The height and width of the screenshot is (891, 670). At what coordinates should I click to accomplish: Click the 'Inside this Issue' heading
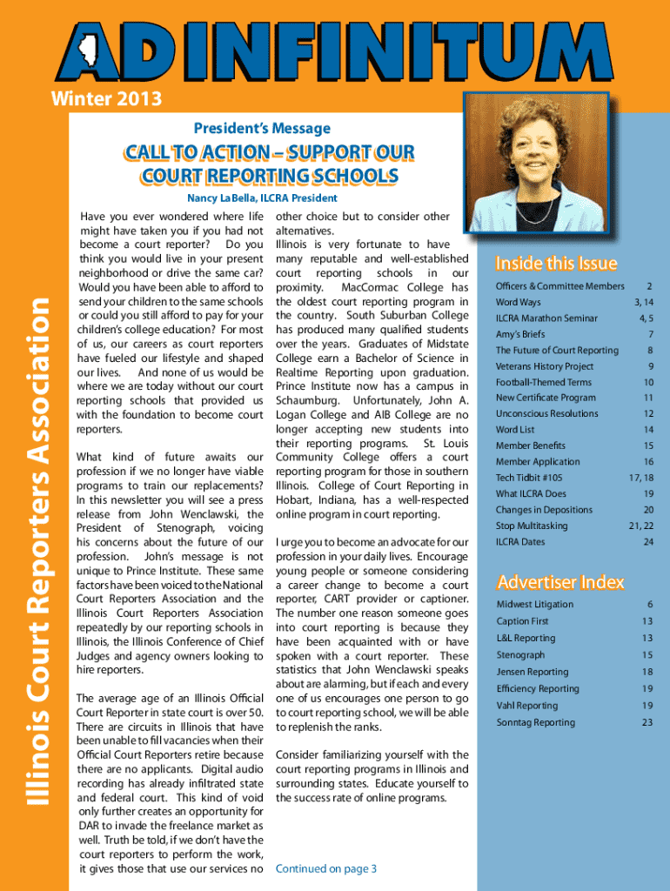point(556,263)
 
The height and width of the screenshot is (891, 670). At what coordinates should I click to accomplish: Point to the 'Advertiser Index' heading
point(559,581)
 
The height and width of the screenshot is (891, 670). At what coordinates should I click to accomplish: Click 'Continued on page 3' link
point(325,868)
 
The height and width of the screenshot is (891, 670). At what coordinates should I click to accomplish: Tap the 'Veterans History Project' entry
point(544,366)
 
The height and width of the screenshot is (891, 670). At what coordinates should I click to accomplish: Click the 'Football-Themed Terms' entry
point(543,382)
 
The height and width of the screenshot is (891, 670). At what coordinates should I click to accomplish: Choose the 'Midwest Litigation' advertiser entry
point(534,604)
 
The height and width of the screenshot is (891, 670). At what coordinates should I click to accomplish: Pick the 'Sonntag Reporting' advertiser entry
point(535,722)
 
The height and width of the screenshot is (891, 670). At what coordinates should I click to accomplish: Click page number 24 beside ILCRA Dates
point(647,541)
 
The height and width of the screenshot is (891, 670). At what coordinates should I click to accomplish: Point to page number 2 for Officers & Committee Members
point(649,286)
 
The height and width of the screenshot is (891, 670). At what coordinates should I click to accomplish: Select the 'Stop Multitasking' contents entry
point(531,526)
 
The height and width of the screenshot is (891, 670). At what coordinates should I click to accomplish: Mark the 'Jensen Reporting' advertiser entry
point(532,672)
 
